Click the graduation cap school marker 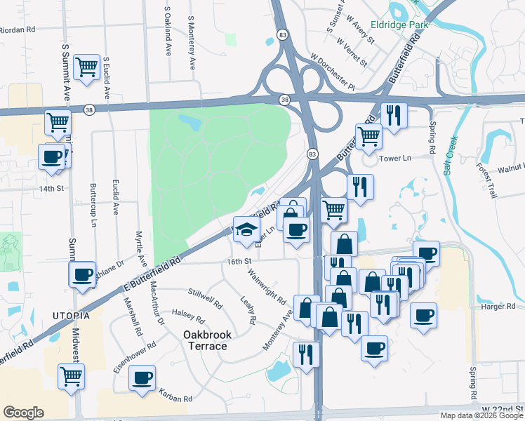click(246, 230)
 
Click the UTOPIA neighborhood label click(70, 316)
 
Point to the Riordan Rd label click(18, 30)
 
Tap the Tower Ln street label click(394, 159)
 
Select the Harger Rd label click(498, 307)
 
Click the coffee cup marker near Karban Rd click(143, 377)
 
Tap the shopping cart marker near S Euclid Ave click(87, 68)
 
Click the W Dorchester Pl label click(333, 72)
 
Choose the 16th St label click(239, 262)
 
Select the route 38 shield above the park click(284, 100)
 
